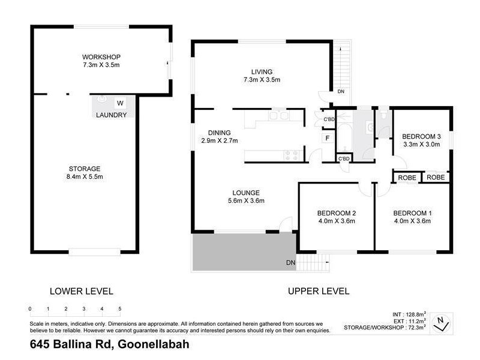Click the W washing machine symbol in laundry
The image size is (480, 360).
(x=120, y=103)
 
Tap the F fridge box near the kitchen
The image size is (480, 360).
(x=327, y=139)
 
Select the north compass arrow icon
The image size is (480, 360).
(x=442, y=322)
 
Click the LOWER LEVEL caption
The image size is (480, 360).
(x=82, y=291)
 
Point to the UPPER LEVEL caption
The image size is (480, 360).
(x=318, y=291)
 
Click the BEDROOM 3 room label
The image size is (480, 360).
(x=421, y=136)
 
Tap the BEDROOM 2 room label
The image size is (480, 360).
(x=337, y=213)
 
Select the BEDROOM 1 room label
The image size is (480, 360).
(x=412, y=213)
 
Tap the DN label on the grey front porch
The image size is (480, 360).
(x=290, y=263)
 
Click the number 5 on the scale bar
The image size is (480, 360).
(x=121, y=308)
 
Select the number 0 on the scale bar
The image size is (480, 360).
(x=30, y=308)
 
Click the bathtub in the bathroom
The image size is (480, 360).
(x=344, y=137)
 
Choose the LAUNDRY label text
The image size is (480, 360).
(x=111, y=115)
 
